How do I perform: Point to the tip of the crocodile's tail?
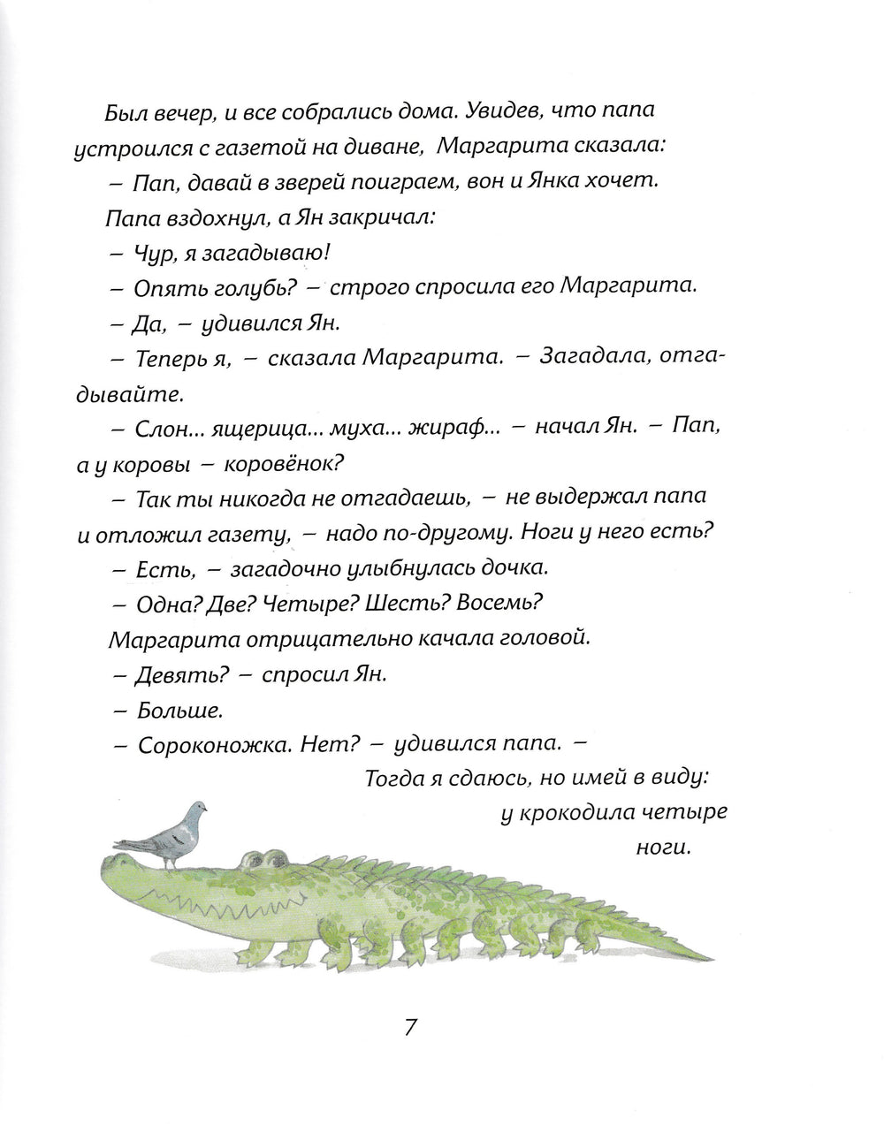point(714,956)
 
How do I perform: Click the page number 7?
point(409,1028)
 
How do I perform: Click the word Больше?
point(171,710)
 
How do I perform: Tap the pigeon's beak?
point(208,805)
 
